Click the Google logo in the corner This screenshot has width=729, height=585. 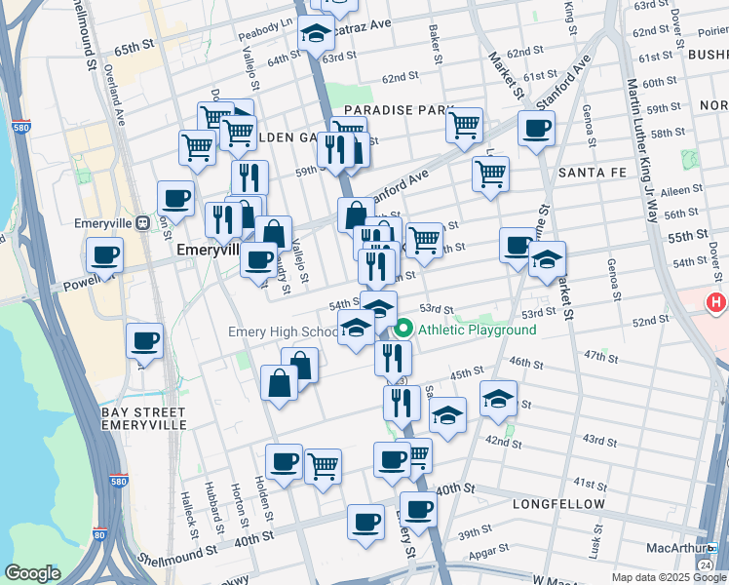pyautogui.click(x=32, y=573)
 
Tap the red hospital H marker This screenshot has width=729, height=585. pyautogui.click(x=717, y=302)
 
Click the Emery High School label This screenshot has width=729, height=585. pyautogui.click(x=283, y=331)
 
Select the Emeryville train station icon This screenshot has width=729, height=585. pyautogui.click(x=142, y=221)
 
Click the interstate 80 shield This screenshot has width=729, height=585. pyautogui.click(x=99, y=534)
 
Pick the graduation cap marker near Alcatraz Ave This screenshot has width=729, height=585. pyautogui.click(x=316, y=34)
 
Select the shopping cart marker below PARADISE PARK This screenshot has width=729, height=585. pyautogui.click(x=464, y=125)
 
